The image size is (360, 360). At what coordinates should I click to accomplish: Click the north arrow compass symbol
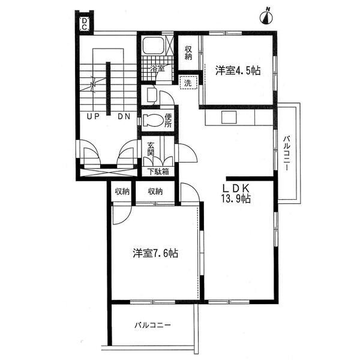[266, 17]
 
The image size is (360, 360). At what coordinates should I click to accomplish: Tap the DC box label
[85, 24]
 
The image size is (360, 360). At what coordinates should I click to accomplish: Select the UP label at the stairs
[93, 116]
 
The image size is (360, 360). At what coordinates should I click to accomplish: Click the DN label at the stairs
[124, 116]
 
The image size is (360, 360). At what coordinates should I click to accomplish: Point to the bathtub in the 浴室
[153, 45]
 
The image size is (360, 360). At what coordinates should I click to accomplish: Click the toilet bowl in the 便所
[152, 120]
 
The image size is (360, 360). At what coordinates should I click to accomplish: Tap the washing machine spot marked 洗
[188, 83]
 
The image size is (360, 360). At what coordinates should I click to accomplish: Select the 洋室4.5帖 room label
[238, 70]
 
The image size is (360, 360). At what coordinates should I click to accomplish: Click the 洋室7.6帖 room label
[155, 253]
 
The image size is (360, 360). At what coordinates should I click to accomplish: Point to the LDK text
[236, 188]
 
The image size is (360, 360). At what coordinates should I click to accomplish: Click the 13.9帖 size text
[236, 199]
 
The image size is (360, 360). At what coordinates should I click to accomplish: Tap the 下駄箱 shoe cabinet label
[158, 172]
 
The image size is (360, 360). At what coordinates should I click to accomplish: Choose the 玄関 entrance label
[151, 149]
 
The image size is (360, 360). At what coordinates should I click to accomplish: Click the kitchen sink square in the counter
[229, 118]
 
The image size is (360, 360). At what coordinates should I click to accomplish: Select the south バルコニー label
[152, 325]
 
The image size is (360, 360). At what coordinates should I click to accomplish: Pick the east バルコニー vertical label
[287, 154]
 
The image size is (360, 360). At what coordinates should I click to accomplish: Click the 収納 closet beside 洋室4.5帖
[188, 53]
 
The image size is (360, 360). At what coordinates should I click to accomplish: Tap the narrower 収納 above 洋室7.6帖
[122, 191]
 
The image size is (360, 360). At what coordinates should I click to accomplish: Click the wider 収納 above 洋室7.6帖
[155, 191]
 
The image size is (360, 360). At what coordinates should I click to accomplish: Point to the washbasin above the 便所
[152, 95]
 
